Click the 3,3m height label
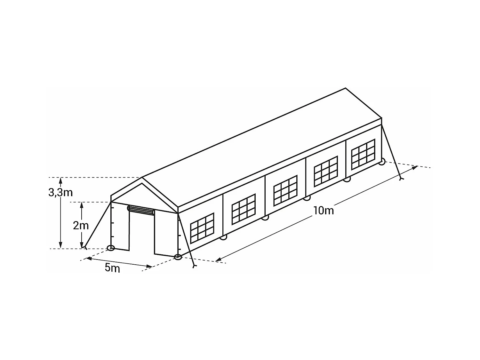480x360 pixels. click(x=60, y=192)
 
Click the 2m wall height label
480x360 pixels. click(x=81, y=226)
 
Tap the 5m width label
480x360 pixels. click(x=112, y=268)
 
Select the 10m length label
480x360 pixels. click(x=324, y=211)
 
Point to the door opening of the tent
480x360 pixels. click(x=142, y=234)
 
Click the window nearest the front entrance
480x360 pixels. click(x=202, y=228)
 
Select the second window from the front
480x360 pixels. click(x=244, y=209)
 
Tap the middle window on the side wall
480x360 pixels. click(x=285, y=190)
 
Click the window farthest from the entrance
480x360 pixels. click(x=363, y=154)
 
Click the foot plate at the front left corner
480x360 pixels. click(x=111, y=248)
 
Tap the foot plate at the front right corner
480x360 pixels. click(x=178, y=257)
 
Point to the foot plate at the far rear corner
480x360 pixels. click(x=381, y=162)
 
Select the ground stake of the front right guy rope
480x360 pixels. click(x=194, y=266)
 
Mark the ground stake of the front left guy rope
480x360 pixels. click(x=84, y=247)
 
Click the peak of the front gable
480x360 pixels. click(x=142, y=177)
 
